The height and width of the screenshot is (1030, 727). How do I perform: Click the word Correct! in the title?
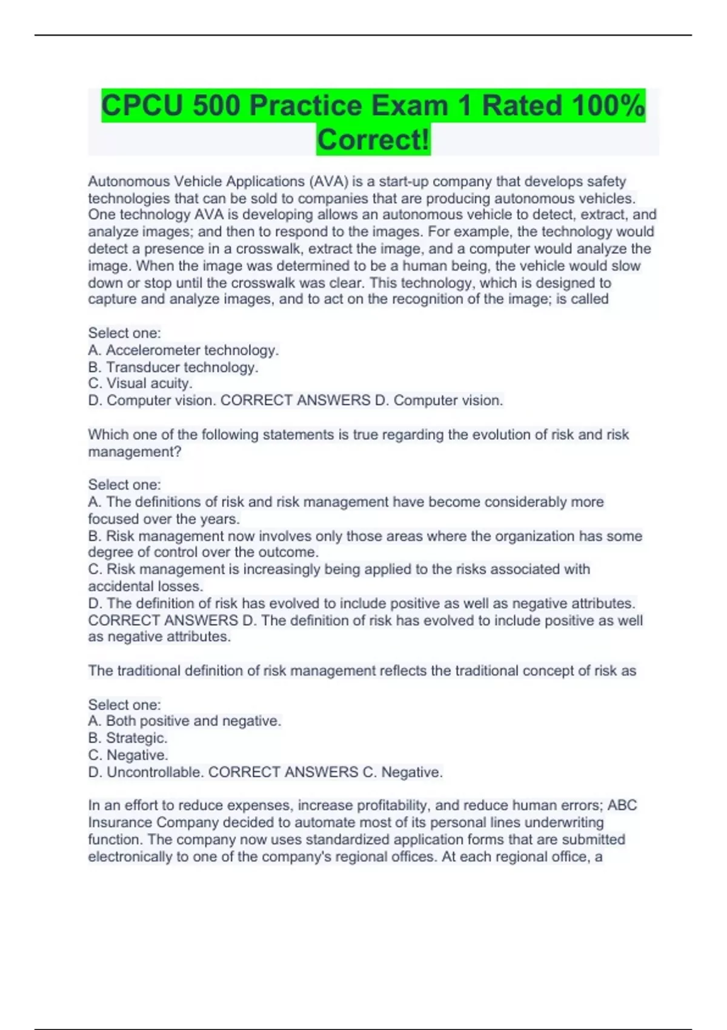[373, 140]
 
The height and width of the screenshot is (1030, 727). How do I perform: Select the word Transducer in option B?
[143, 367]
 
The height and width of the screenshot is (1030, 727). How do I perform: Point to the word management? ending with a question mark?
[134, 451]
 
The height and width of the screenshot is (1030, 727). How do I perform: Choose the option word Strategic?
[136, 738]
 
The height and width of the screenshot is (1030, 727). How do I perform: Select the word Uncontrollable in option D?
[155, 772]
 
